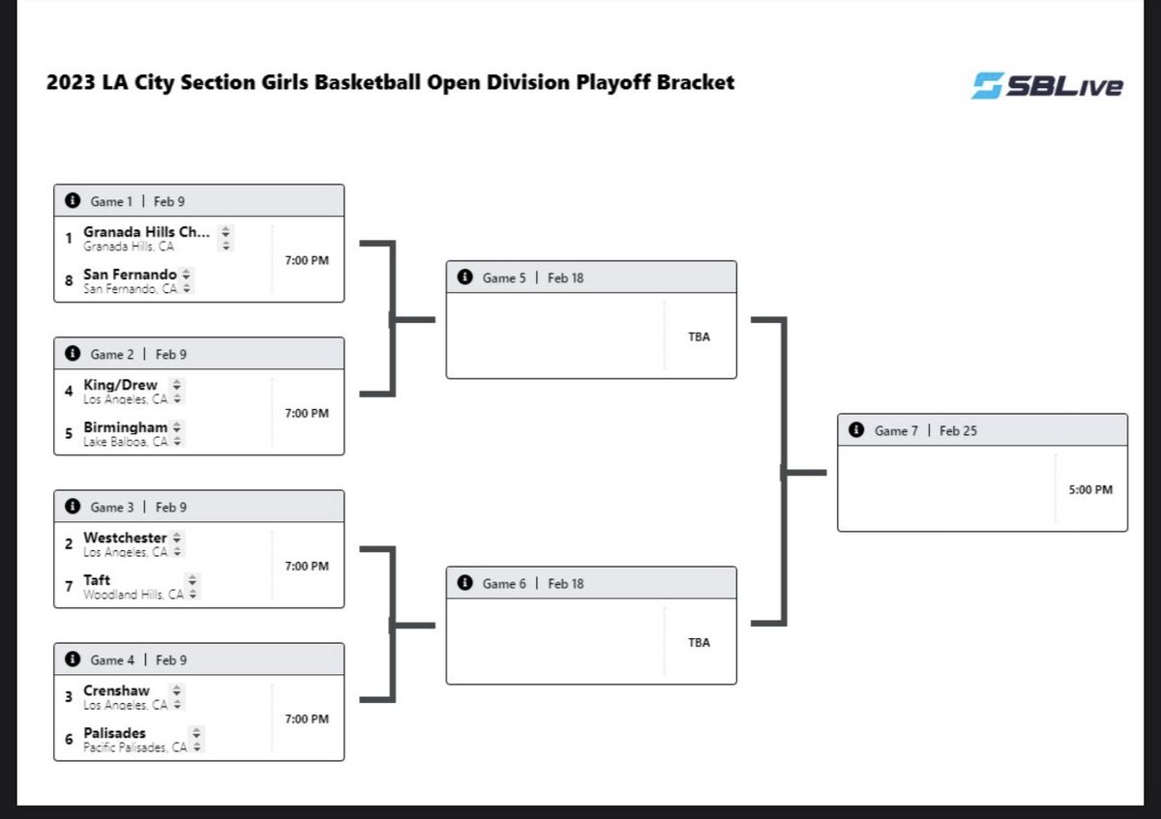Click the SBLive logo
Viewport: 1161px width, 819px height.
pyautogui.click(x=1047, y=85)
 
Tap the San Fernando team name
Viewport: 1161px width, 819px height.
pyautogui.click(x=130, y=275)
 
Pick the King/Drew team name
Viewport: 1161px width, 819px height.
pyautogui.click(x=120, y=385)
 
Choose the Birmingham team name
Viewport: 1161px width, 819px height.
pyautogui.click(x=126, y=427)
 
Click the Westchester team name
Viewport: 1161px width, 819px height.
pyautogui.click(x=125, y=538)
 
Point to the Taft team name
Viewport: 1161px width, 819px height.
pyautogui.click(x=97, y=580)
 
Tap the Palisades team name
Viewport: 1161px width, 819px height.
pyautogui.click(x=114, y=733)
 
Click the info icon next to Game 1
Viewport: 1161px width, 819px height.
pyautogui.click(x=72, y=201)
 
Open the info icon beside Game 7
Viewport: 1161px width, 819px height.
pyautogui.click(x=855, y=430)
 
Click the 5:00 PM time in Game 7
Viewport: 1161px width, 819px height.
pyautogui.click(x=1090, y=490)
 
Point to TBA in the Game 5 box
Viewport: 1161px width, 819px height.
pyautogui.click(x=699, y=337)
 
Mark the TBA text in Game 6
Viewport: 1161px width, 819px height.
pyautogui.click(x=699, y=643)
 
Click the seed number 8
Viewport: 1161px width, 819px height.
pyautogui.click(x=69, y=280)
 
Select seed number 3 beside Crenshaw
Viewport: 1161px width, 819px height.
pyautogui.click(x=69, y=696)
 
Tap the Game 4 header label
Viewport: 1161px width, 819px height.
pyautogui.click(x=112, y=660)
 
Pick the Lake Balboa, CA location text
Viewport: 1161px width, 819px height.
pyautogui.click(x=126, y=441)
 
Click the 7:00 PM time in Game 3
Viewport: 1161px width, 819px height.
pyautogui.click(x=307, y=566)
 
